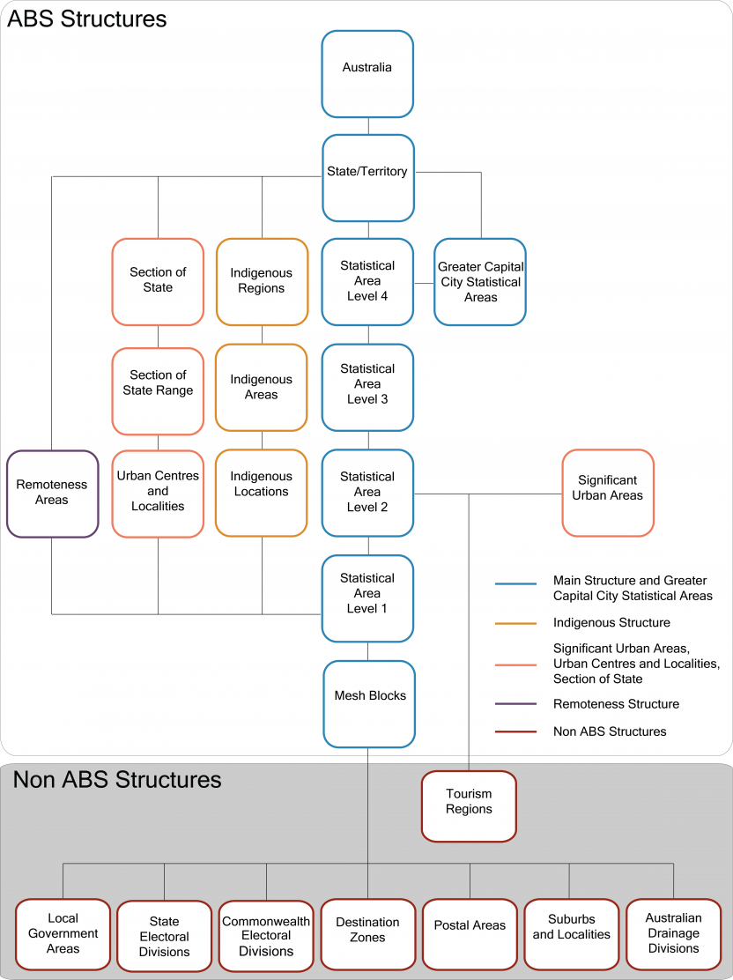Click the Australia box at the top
367,74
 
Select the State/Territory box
367,177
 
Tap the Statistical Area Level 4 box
367,281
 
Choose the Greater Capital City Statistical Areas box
480,282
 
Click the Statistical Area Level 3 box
367,385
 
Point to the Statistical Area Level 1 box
367,598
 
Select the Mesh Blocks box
369,703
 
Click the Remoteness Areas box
52,494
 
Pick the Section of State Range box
158,390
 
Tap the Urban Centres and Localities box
158,493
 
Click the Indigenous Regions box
262,282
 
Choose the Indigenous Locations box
262,493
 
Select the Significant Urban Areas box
608,492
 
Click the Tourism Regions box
469,806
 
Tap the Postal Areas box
470,933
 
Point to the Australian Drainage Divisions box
673,934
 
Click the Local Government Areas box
63,934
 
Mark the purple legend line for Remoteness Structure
515,704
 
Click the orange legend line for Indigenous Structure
515,623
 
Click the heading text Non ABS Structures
117,780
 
